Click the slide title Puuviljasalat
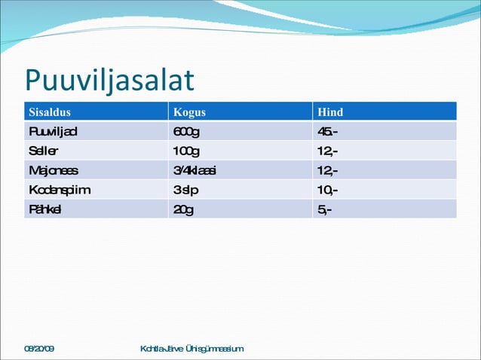109,81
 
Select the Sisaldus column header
50,112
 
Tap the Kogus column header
189,112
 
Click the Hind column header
330,112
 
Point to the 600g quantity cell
186,132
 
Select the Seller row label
44,151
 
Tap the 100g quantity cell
186,151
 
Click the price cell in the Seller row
327,151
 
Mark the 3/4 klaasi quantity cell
195,171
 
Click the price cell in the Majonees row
327,171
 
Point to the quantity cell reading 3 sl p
185,190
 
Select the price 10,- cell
327,190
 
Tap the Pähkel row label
45,209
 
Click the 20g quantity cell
183,209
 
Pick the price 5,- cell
324,209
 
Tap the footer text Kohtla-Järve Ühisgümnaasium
192,349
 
